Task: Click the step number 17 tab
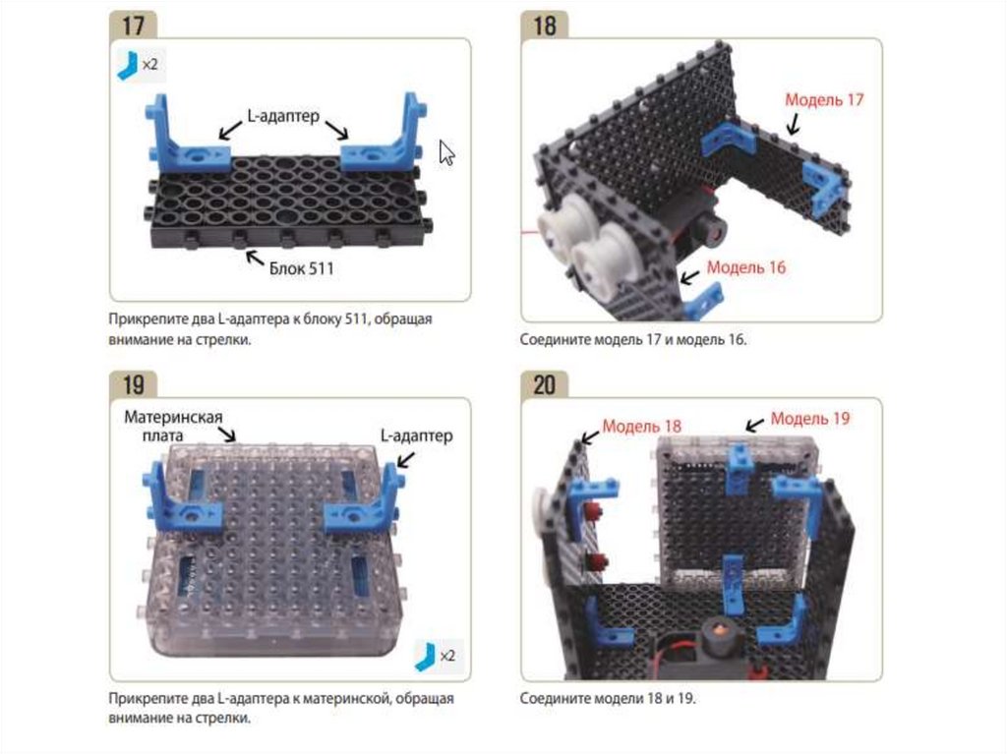(133, 27)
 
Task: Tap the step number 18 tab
(545, 27)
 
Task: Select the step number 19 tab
(133, 384)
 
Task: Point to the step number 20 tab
(545, 384)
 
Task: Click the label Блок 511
(301, 267)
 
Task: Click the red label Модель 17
(824, 99)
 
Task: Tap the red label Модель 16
(746, 267)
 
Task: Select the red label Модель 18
(641, 426)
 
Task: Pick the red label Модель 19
(810, 418)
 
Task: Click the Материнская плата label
(173, 426)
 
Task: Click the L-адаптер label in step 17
(283, 116)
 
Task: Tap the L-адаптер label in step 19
(417, 435)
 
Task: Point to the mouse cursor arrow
(446, 152)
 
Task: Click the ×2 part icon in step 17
(140, 65)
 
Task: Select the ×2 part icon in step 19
(438, 656)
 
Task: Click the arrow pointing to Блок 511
(255, 258)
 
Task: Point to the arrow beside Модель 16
(689, 277)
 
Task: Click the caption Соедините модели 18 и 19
(608, 698)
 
